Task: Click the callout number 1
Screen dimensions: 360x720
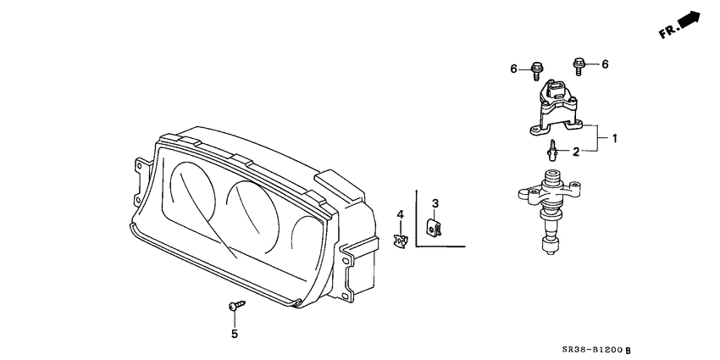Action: (615, 137)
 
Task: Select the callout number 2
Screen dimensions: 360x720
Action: (575, 152)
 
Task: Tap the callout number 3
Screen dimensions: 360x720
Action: (435, 203)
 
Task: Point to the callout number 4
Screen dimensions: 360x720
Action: (402, 213)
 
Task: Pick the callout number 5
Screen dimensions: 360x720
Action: (235, 334)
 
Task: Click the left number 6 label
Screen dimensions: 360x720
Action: (513, 69)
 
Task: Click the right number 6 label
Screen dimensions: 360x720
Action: (605, 64)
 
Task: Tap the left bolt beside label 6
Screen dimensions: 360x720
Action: (537, 68)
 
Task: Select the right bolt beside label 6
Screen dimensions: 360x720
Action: (579, 63)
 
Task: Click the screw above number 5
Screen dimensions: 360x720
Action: (235, 307)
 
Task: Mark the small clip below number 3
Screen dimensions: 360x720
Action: (435, 228)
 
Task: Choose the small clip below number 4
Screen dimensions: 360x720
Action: (401, 238)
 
